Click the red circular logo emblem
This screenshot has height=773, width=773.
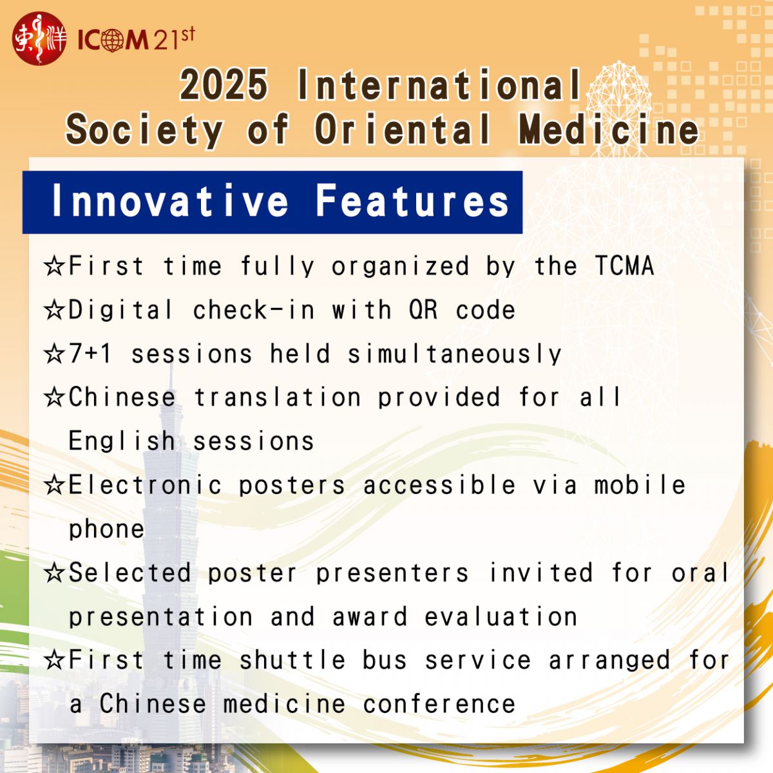coord(39,39)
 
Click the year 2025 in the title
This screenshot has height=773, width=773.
coord(224,84)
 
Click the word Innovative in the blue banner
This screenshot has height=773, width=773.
coord(170,200)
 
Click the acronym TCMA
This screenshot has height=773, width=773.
coord(625,265)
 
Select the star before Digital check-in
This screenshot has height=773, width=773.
coord(54,310)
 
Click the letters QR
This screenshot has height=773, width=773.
coord(423,310)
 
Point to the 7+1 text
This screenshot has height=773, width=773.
coord(90,354)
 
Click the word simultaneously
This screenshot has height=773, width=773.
coord(454,354)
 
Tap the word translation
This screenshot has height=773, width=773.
coord(277,397)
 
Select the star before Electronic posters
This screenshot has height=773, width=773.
coord(54,485)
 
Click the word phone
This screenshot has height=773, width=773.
coord(106,530)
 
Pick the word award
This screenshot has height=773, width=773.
coord(370,616)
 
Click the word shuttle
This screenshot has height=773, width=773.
coord(292,660)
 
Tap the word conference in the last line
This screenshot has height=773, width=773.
coord(439,704)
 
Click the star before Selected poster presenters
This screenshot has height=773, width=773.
coord(54,573)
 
